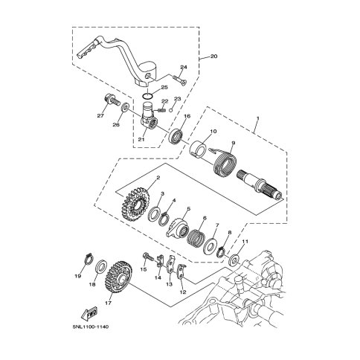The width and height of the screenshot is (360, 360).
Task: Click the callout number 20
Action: [x=213, y=57]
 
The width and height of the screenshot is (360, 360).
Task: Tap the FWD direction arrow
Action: [x=89, y=314]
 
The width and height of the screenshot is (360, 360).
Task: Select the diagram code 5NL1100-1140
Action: [x=91, y=327]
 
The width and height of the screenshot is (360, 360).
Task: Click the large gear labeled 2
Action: [x=136, y=205]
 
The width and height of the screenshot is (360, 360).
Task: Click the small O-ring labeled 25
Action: [x=147, y=95]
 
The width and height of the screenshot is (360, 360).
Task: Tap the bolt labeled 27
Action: [x=111, y=101]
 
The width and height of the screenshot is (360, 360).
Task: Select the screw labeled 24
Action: [x=180, y=80]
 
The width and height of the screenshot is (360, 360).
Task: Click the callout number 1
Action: [x=257, y=118]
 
